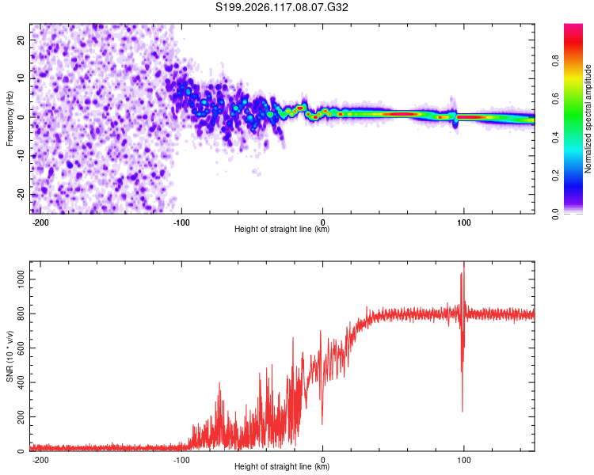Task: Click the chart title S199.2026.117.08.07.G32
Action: [x=281, y=7]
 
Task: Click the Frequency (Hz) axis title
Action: [x=10, y=119]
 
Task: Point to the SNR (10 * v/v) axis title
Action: [x=10, y=356]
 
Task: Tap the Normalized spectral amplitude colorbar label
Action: [x=588, y=119]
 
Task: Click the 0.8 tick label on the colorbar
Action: [x=555, y=61]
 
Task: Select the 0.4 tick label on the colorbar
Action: [x=555, y=138]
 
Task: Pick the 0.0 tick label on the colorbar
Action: [x=555, y=214]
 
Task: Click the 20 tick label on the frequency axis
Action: [x=21, y=40]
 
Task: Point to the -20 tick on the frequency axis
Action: [x=21, y=195]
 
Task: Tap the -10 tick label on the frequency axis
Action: [x=21, y=156]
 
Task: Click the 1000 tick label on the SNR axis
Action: [x=21, y=279]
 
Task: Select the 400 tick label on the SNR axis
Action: [x=21, y=382]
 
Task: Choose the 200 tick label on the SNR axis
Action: [x=21, y=416]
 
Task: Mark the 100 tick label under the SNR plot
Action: [x=463, y=460]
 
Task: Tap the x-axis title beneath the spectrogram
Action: [x=282, y=229]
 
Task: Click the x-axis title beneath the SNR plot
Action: [x=282, y=466]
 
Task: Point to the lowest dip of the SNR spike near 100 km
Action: [x=463, y=412]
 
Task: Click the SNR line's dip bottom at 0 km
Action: [x=322, y=424]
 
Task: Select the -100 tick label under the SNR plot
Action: [x=181, y=460]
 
